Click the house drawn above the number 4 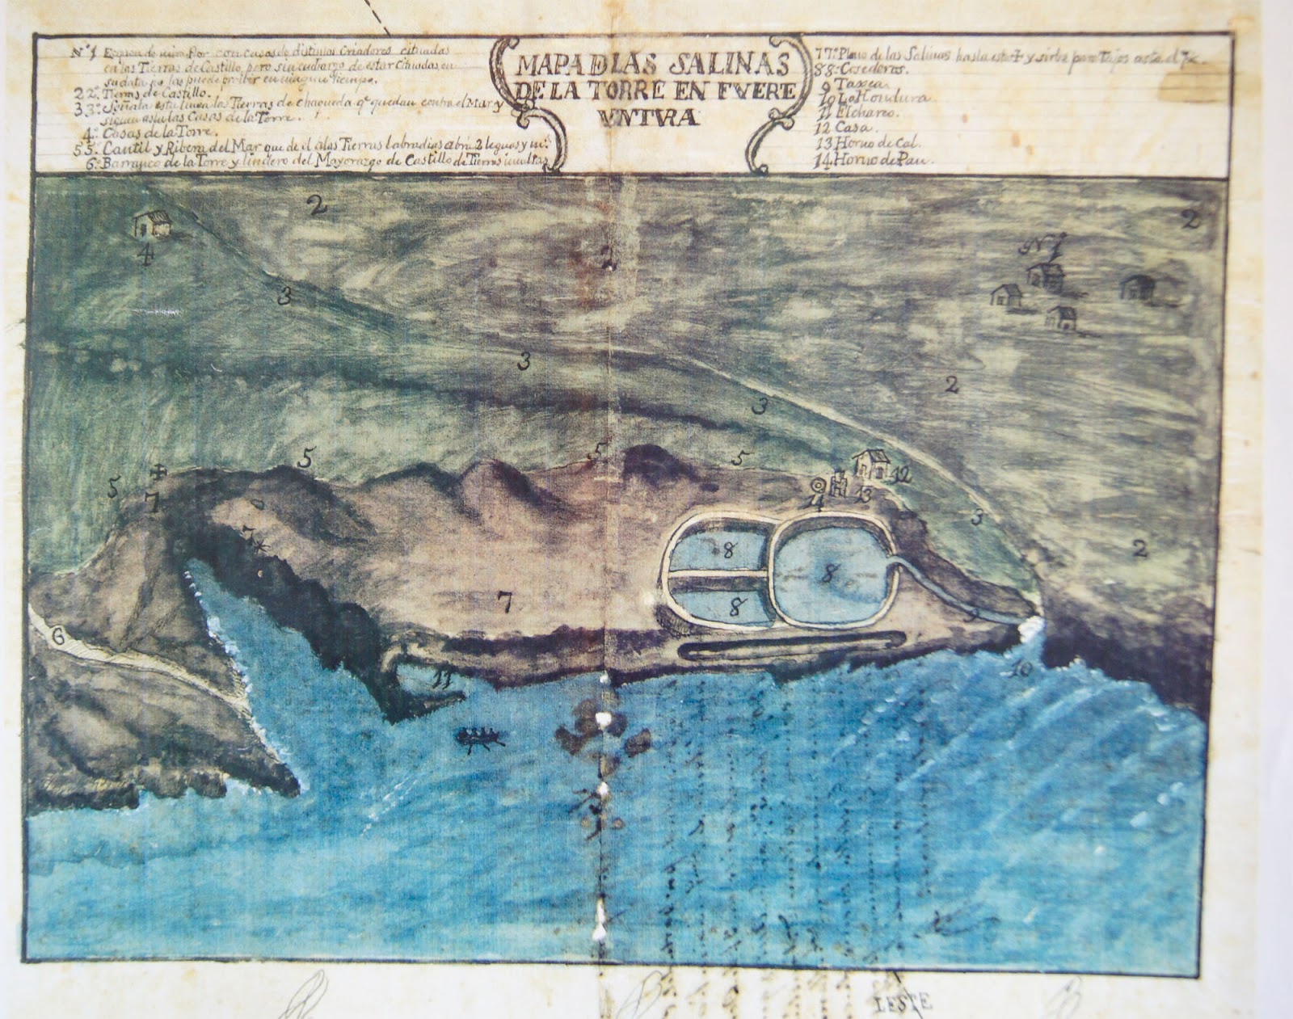[152, 225]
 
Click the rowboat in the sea [481, 738]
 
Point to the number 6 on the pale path [57, 636]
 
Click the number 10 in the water [1019, 668]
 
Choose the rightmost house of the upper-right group [1136, 288]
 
